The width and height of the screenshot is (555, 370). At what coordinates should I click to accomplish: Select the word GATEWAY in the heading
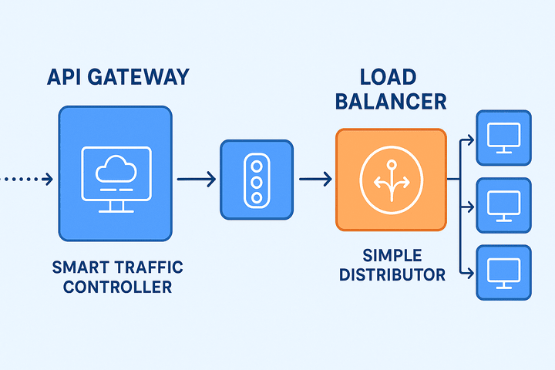(x=139, y=77)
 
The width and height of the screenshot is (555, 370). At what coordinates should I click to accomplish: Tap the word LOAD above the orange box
(x=388, y=77)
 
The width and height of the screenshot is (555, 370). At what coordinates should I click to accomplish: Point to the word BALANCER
(x=391, y=102)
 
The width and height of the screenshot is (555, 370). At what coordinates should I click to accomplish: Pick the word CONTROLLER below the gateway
(x=117, y=287)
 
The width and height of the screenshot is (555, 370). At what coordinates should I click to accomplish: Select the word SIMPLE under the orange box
(x=392, y=255)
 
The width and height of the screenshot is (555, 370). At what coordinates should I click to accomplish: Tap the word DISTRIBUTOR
(x=392, y=274)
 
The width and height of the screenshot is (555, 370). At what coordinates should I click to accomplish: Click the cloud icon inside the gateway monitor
(x=116, y=169)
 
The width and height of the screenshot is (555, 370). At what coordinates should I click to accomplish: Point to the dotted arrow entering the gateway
(x=26, y=179)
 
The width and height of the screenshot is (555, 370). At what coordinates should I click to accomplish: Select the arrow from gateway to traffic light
(x=197, y=179)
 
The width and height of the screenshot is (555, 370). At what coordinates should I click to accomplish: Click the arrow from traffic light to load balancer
(x=315, y=179)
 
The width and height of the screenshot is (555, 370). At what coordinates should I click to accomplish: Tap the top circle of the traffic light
(x=257, y=166)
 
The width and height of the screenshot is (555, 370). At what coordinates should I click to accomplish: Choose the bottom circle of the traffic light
(x=257, y=197)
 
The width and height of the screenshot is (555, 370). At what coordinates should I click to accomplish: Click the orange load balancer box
(x=391, y=180)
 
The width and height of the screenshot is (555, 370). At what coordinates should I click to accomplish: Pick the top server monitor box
(x=503, y=138)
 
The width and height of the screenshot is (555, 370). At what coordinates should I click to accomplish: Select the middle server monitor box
(x=503, y=205)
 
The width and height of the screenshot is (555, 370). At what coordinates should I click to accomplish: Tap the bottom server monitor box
(x=503, y=273)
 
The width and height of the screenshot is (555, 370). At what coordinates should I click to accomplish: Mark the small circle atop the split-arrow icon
(x=392, y=165)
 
